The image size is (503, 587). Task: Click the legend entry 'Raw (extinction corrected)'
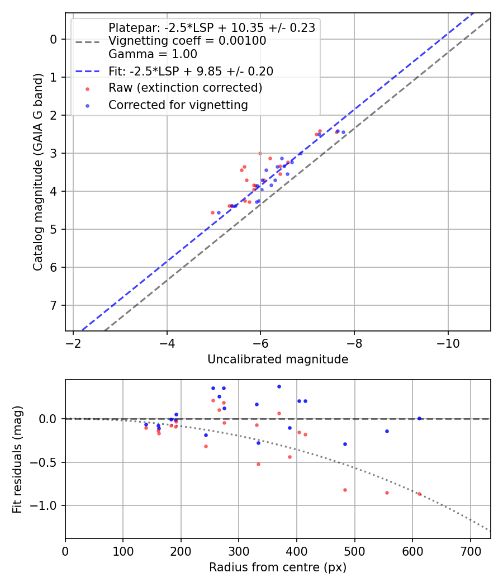tap(185, 88)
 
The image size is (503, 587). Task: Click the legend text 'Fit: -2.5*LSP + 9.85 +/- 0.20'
tap(191, 71)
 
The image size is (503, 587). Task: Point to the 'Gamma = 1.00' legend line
tap(153, 54)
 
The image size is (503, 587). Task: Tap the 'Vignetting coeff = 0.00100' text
tap(187, 41)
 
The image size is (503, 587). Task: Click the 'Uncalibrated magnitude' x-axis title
tap(278, 359)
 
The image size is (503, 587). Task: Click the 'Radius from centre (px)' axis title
tap(278, 567)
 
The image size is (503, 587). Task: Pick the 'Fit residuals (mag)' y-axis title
tap(18, 458)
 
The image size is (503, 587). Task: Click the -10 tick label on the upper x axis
tap(448, 343)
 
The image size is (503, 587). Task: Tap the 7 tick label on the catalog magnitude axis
tap(54, 305)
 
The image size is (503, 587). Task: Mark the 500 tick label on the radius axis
tap(354, 551)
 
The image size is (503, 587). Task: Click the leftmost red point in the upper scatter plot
tap(212, 212)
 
